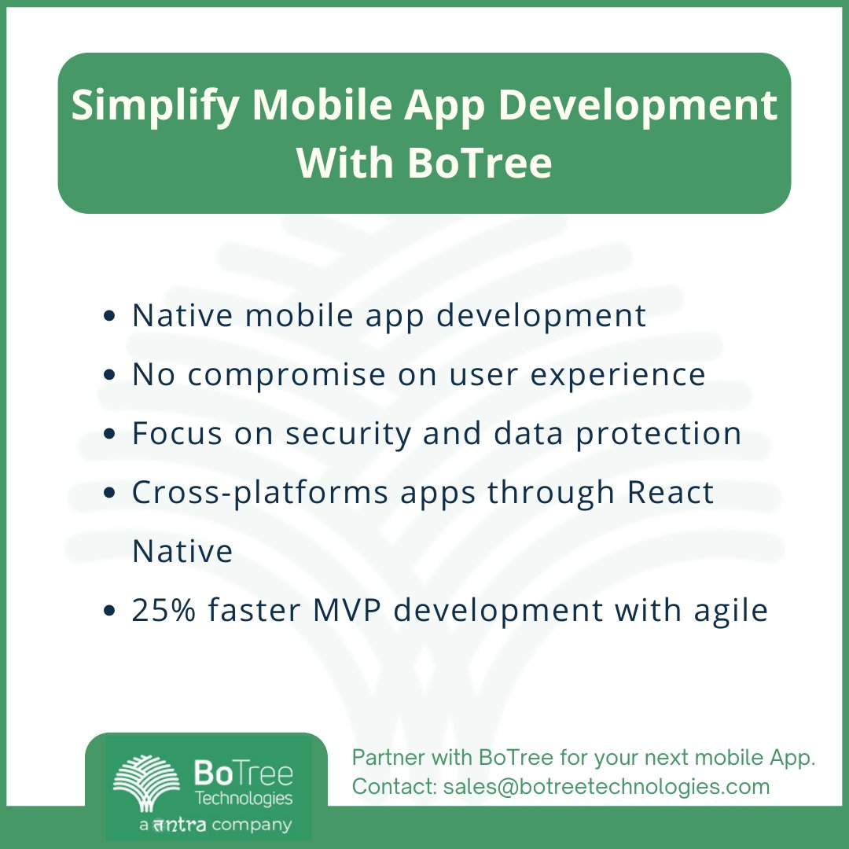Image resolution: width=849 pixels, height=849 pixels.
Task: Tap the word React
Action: (671, 493)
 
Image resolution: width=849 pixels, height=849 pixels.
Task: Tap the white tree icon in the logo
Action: (146, 783)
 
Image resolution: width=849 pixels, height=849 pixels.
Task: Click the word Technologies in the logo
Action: (243, 799)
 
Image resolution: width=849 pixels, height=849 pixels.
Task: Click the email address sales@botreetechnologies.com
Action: (606, 786)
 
